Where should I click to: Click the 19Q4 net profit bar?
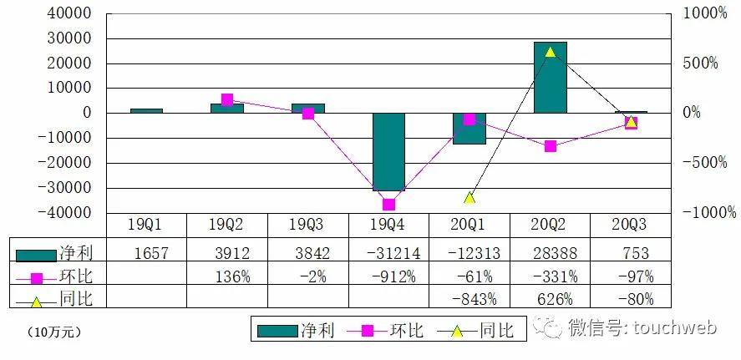(388, 152)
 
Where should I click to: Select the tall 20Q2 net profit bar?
(551, 78)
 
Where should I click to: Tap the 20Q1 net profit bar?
(469, 129)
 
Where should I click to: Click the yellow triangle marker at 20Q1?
(469, 198)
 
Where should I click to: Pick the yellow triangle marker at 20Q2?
(551, 52)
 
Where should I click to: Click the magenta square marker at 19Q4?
(388, 204)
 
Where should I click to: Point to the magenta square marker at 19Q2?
(227, 100)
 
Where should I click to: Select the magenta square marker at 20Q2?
(551, 146)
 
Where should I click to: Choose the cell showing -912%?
(388, 276)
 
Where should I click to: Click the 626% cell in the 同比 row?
(551, 298)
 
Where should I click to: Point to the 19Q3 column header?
(307, 226)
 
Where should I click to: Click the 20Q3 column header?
(631, 226)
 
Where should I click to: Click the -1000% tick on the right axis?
(710, 213)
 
